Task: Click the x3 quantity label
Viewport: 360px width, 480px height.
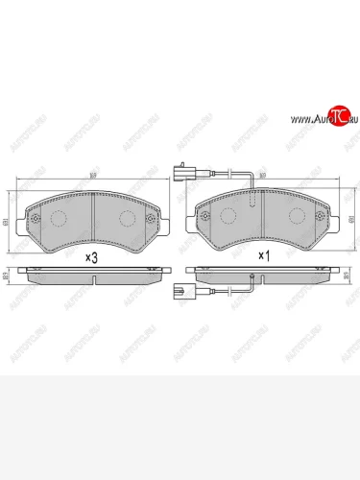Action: point(93,256)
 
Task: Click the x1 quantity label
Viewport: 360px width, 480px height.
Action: point(262,256)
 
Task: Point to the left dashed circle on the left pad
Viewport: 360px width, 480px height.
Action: point(58,217)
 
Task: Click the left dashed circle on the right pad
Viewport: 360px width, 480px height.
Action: point(227,217)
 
